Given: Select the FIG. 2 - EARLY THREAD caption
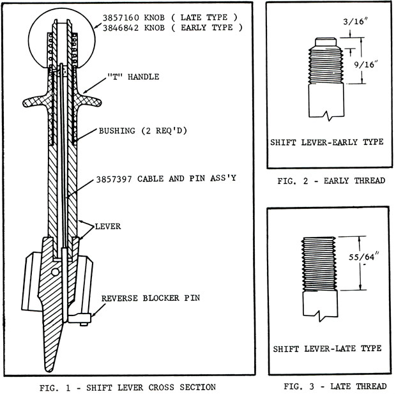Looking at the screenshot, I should click(331, 181).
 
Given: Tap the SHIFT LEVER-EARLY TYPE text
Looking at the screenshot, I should click(328, 142).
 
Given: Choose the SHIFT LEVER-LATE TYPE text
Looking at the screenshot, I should click(327, 349).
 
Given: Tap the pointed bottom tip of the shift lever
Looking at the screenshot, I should click(49, 364).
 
